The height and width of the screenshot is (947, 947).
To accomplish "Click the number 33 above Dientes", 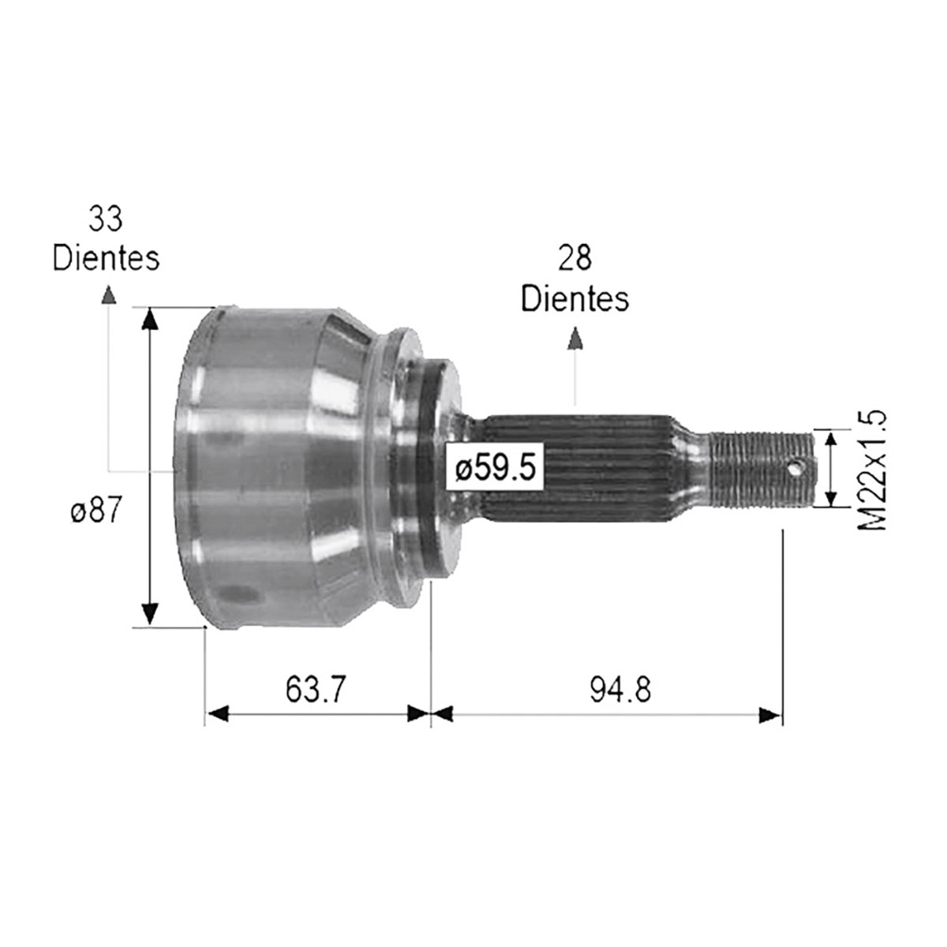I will (x=106, y=219).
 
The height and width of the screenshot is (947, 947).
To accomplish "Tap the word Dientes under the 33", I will (x=106, y=258).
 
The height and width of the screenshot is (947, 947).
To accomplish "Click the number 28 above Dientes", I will (x=575, y=258).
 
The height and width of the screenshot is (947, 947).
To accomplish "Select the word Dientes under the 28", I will (x=575, y=298).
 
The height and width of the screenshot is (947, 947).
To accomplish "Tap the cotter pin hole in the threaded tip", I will (x=797, y=467).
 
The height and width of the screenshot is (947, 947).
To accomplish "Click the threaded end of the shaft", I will (x=758, y=467).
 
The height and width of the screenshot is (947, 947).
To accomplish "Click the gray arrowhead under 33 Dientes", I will (x=108, y=295).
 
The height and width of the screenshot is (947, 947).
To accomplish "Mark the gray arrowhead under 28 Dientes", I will (x=576, y=339).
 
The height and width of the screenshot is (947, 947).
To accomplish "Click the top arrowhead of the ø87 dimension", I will (x=149, y=319).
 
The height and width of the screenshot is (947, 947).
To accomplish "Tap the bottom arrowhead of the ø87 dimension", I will (x=149, y=614).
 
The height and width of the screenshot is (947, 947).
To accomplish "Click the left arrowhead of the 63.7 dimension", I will (x=218, y=715).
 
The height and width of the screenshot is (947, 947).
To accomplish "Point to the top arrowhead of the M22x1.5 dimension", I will (x=830, y=440).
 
